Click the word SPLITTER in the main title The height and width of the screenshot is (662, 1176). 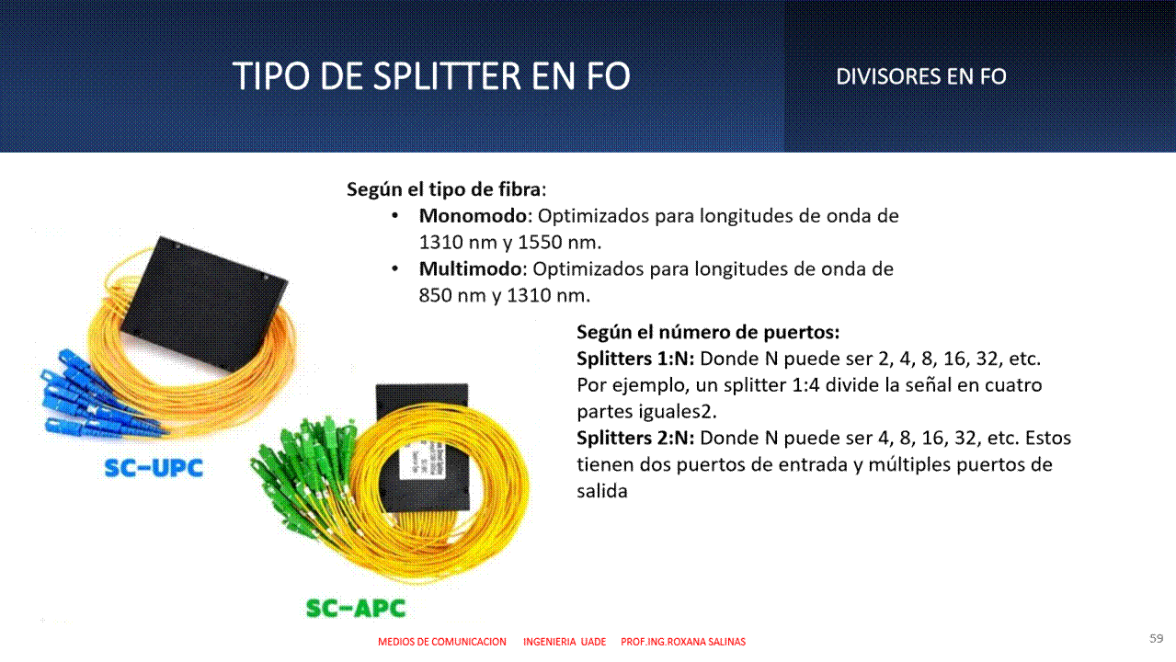447,76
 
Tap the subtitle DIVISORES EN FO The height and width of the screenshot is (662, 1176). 921,76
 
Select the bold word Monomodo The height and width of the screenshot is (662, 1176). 473,216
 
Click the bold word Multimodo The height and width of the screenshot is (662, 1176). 470,268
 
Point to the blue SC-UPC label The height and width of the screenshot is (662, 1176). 154,468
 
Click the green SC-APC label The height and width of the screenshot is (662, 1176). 356,608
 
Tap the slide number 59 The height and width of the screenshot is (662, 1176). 1156,638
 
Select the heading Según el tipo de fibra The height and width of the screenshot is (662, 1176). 446,189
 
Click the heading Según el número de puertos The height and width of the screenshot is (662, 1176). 708,332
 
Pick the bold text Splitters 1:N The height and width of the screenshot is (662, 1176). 635,359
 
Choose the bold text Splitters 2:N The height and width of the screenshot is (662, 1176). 635,438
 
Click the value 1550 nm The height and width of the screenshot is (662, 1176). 559,243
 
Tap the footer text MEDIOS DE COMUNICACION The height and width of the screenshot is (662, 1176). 442,642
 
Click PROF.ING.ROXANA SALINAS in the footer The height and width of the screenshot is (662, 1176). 683,642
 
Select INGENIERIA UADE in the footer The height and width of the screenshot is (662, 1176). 565,642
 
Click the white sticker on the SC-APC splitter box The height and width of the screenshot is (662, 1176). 423,461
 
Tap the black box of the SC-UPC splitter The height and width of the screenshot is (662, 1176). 205,304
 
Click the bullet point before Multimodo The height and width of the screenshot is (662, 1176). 395,268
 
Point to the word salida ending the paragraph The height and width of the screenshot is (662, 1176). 602,491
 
